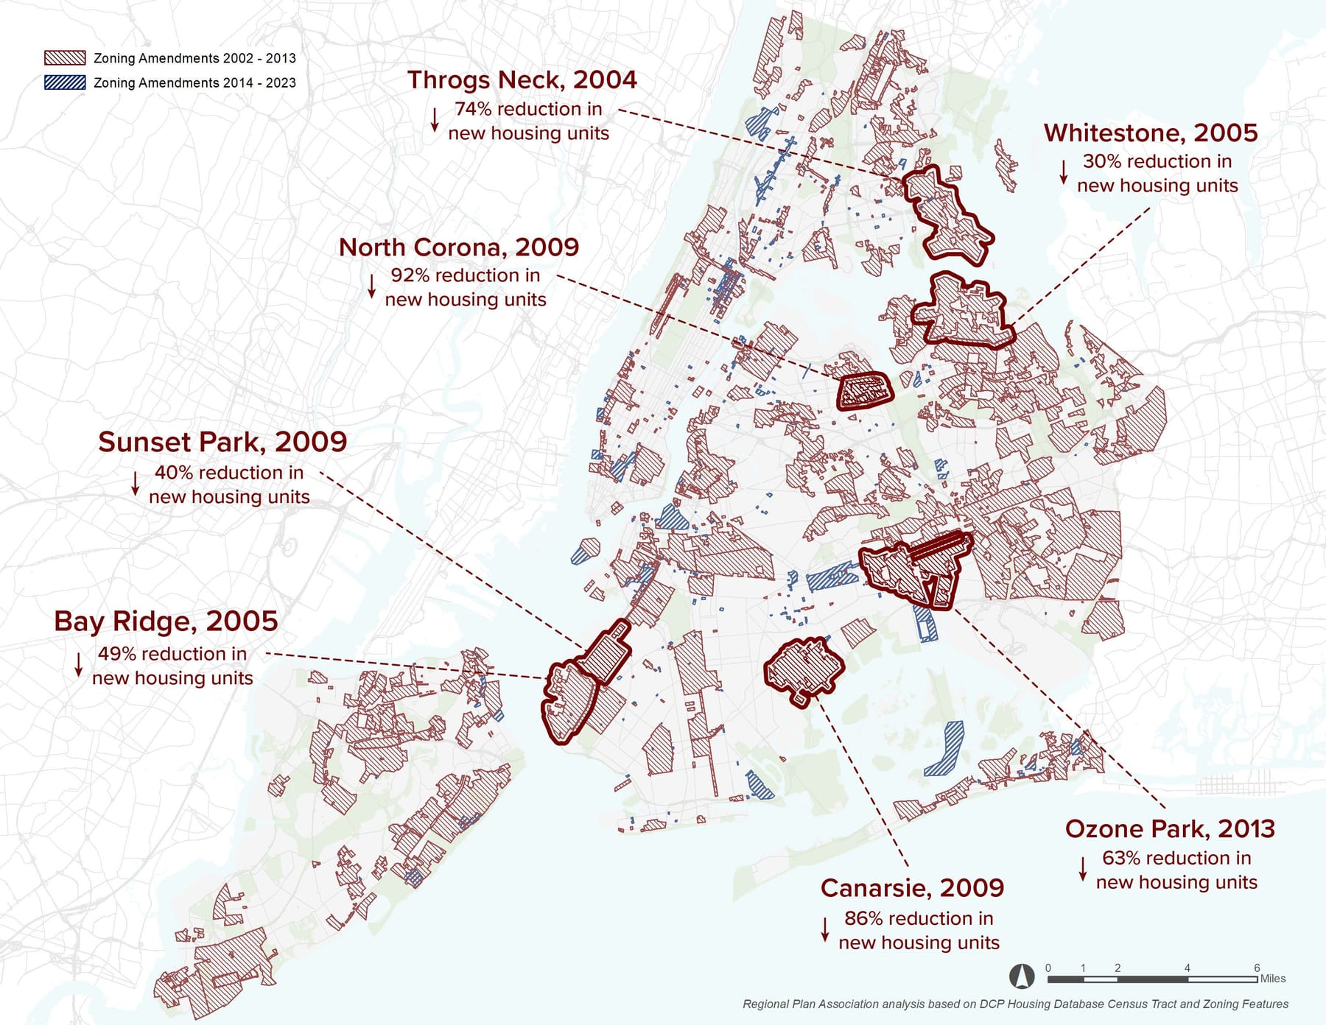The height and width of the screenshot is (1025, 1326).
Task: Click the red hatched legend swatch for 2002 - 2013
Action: click(65, 58)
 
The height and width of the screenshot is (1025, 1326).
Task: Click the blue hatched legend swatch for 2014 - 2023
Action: click(65, 82)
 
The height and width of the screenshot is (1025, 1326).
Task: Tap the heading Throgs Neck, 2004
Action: click(522, 80)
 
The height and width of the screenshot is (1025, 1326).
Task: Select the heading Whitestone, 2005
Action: click(1150, 133)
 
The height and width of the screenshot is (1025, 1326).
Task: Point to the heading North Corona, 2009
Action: click(458, 247)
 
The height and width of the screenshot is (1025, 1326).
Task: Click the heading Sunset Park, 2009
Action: click(222, 442)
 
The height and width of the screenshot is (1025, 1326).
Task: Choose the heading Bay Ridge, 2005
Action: click(166, 621)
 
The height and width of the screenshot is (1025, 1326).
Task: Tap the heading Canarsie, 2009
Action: click(912, 888)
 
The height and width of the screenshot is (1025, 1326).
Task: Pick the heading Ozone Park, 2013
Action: click(1170, 829)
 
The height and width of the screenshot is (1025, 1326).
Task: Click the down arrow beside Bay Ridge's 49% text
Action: click(79, 664)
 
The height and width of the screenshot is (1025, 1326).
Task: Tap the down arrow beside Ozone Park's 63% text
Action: click(1083, 869)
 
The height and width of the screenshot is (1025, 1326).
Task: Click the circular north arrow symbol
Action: click(1022, 976)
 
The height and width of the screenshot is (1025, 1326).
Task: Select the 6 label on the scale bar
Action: click(1257, 968)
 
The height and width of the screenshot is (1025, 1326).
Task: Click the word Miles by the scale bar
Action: click(1273, 979)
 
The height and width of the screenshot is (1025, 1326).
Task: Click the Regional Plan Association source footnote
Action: click(1015, 1004)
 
